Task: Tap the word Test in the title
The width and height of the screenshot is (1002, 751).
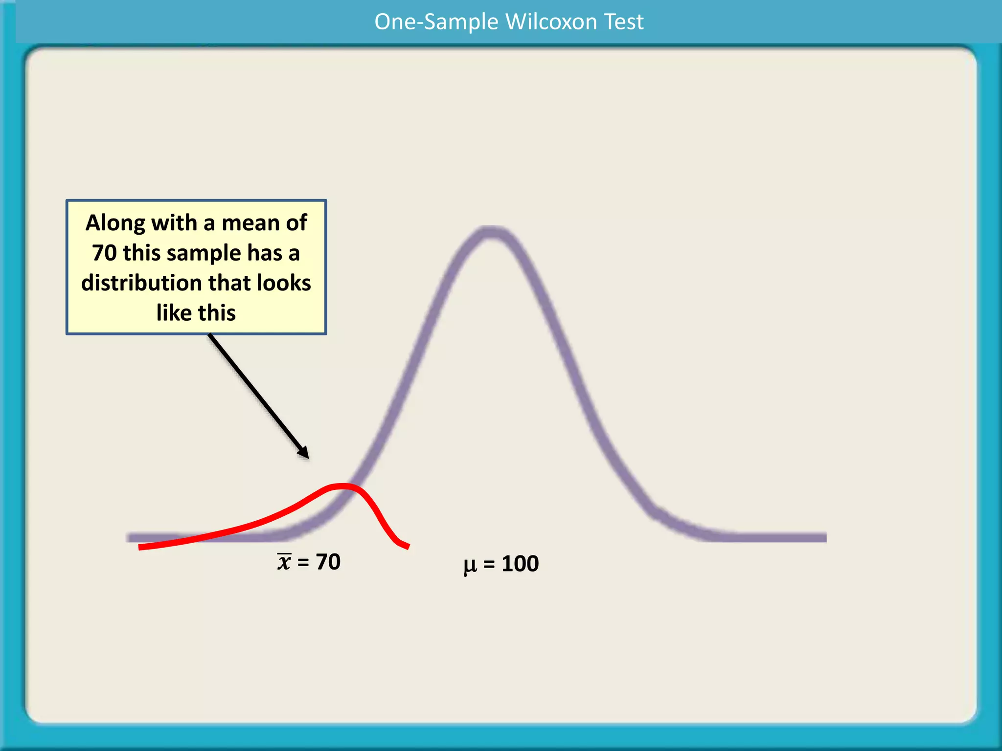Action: click(x=624, y=22)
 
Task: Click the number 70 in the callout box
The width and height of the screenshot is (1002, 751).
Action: click(x=104, y=253)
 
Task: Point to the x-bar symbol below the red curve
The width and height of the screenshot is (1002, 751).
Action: click(x=284, y=561)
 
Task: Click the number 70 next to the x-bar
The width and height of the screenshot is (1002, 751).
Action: click(x=328, y=562)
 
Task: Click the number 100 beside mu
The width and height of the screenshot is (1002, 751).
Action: click(x=520, y=564)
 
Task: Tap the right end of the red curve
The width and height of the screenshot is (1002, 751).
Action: click(x=407, y=547)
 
